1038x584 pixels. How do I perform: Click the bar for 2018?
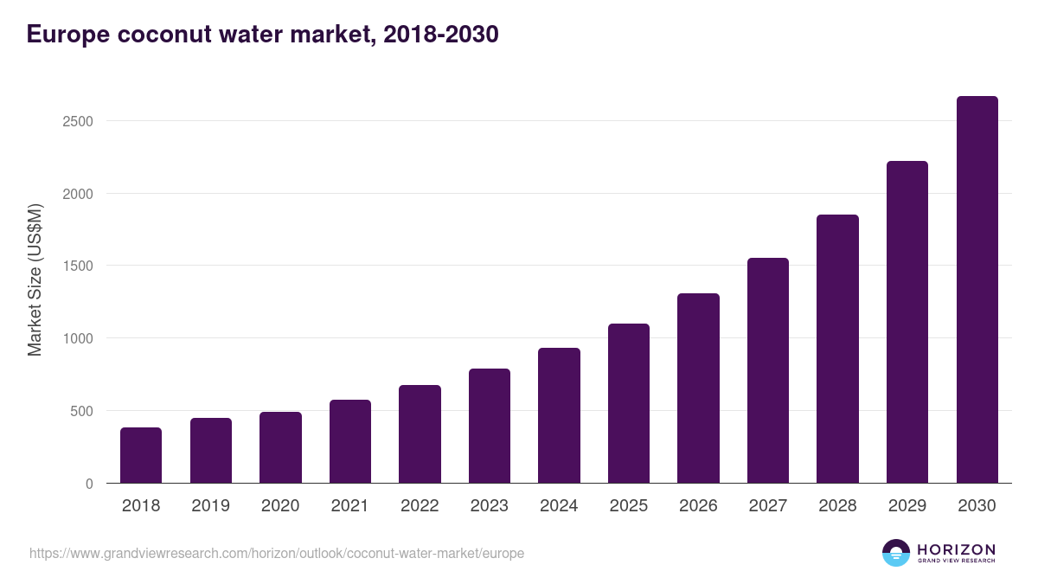(141, 455)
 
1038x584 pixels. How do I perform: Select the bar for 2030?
(977, 290)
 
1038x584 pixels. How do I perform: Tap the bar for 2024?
(559, 415)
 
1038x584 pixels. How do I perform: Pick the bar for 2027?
(768, 370)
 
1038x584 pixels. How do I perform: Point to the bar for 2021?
(350, 441)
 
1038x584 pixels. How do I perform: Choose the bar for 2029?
(907, 322)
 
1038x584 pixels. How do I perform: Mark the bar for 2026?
(698, 388)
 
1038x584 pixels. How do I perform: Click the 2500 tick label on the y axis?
(78, 121)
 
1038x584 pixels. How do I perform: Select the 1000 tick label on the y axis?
(78, 338)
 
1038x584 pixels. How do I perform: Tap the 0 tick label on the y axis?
(89, 484)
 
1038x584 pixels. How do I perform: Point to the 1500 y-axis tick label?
(78, 266)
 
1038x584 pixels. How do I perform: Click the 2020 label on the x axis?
(280, 506)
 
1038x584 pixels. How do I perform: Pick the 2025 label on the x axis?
(629, 506)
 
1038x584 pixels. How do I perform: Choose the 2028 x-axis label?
(837, 506)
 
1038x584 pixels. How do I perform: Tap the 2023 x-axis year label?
(490, 506)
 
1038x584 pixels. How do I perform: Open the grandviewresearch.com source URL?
(277, 553)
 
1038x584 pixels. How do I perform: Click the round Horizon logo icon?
(896, 553)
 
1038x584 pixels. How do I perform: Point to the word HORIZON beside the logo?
(956, 549)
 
